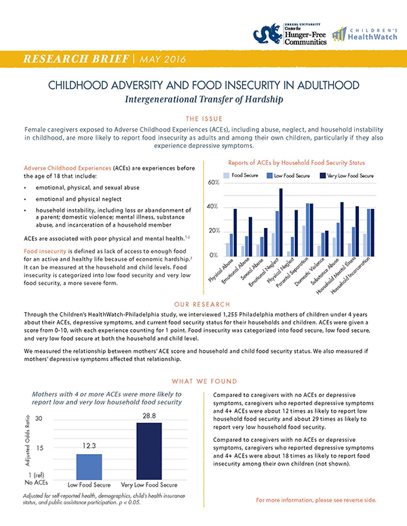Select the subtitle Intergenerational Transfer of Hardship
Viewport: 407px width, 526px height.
pos(203,99)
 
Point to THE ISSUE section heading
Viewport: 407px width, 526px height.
pos(203,116)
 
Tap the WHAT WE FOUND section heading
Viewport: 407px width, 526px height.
pos(203,381)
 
